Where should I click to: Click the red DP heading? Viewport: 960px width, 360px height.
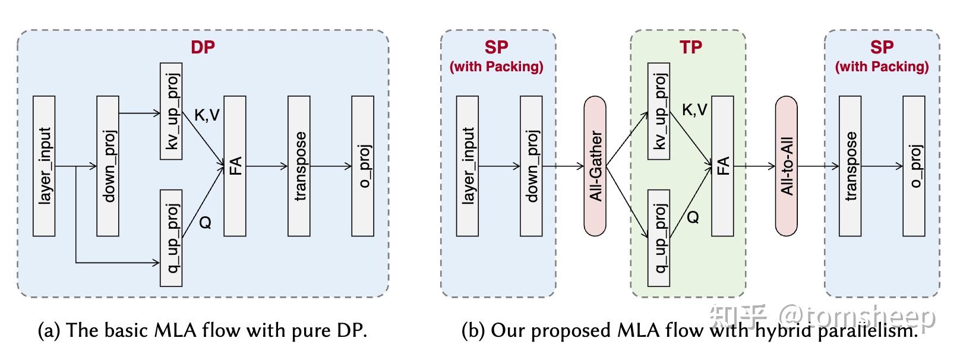tap(203, 48)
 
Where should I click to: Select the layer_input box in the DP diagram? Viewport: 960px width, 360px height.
tap(45, 166)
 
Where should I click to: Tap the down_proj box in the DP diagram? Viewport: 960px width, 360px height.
tap(108, 166)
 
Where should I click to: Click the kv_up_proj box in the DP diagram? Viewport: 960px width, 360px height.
tap(171, 111)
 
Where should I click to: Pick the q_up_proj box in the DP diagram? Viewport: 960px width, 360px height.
tap(171, 238)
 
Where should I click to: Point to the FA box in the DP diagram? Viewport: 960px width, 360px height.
tap(235, 166)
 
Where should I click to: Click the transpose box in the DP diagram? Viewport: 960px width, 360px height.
tap(299, 166)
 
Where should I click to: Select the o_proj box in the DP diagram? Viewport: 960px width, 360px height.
tap(363, 166)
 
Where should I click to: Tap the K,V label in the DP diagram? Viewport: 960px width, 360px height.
tap(207, 115)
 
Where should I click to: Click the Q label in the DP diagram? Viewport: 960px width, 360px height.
tap(205, 223)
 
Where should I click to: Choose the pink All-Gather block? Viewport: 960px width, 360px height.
tap(595, 166)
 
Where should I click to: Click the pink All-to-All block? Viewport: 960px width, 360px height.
tap(786, 166)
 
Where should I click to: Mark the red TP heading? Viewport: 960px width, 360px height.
tap(690, 48)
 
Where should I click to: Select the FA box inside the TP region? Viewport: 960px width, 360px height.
tap(722, 166)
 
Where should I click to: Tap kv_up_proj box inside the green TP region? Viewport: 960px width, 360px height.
tap(659, 111)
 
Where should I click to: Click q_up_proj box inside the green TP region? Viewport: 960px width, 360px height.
tap(659, 238)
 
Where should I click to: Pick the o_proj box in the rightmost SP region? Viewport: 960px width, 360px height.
tap(914, 166)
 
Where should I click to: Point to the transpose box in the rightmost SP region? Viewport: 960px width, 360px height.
tap(850, 166)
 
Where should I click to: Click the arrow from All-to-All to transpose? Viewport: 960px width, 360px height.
tap(817, 166)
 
